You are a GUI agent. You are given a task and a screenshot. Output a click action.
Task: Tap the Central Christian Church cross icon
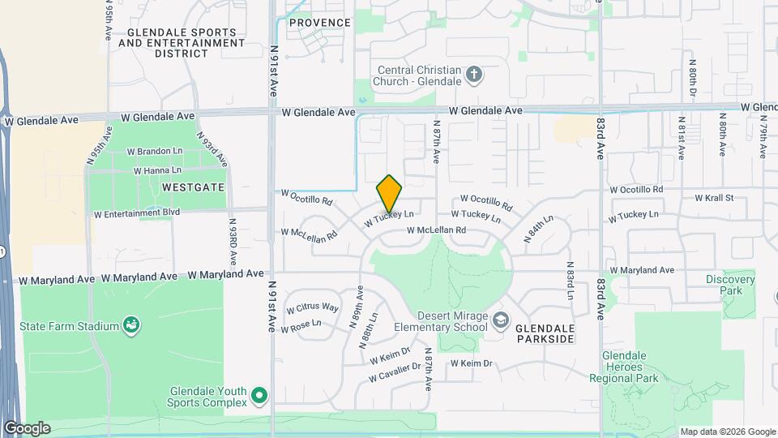click(x=474, y=75)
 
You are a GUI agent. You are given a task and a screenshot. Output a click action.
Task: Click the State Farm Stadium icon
click(x=130, y=326)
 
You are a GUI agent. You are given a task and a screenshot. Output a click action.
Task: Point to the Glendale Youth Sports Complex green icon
click(x=259, y=396)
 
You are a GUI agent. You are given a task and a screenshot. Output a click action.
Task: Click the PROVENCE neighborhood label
click(x=320, y=23)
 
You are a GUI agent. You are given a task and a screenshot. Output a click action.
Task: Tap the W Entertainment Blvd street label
click(x=136, y=215)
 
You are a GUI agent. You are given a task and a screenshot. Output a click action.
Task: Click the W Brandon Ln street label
click(x=159, y=151)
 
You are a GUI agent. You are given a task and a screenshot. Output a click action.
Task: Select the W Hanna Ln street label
click(x=157, y=170)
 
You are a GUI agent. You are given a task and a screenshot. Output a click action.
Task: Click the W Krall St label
click(x=713, y=197)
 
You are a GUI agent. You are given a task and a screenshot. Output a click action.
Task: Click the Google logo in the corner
click(x=26, y=428)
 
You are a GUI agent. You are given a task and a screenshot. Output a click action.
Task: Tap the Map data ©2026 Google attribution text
click(x=727, y=432)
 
